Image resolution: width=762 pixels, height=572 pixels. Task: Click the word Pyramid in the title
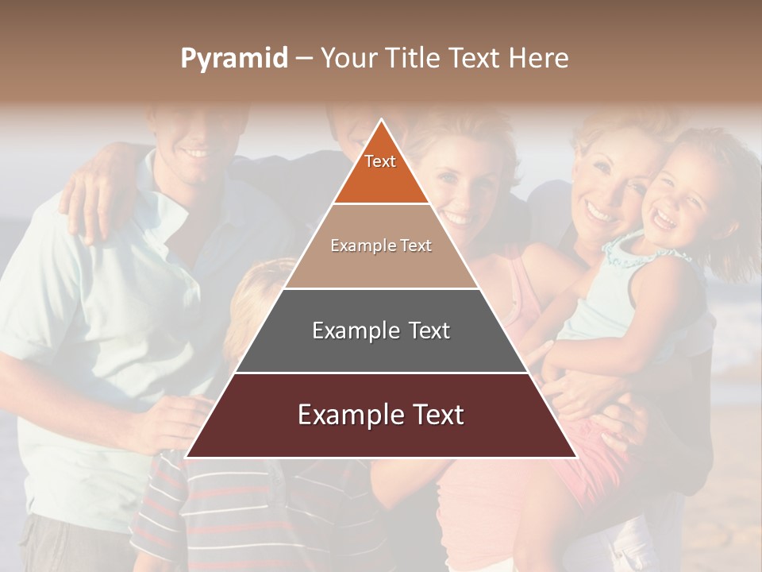coord(233,59)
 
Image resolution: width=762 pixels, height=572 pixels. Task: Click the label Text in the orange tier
coord(380,161)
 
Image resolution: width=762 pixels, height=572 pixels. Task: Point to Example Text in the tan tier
coord(381,245)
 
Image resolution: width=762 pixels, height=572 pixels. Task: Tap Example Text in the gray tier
coord(381,330)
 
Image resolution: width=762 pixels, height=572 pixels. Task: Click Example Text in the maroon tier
coord(381,415)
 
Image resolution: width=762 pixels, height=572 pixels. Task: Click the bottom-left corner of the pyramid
coord(187,457)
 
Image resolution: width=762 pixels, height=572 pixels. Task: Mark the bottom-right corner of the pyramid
coord(575,457)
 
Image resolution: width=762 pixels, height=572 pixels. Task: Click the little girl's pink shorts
coord(587,469)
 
